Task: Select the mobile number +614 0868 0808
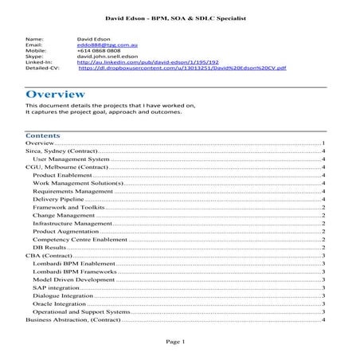(94, 50)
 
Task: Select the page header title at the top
(179, 16)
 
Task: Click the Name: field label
(34, 37)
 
